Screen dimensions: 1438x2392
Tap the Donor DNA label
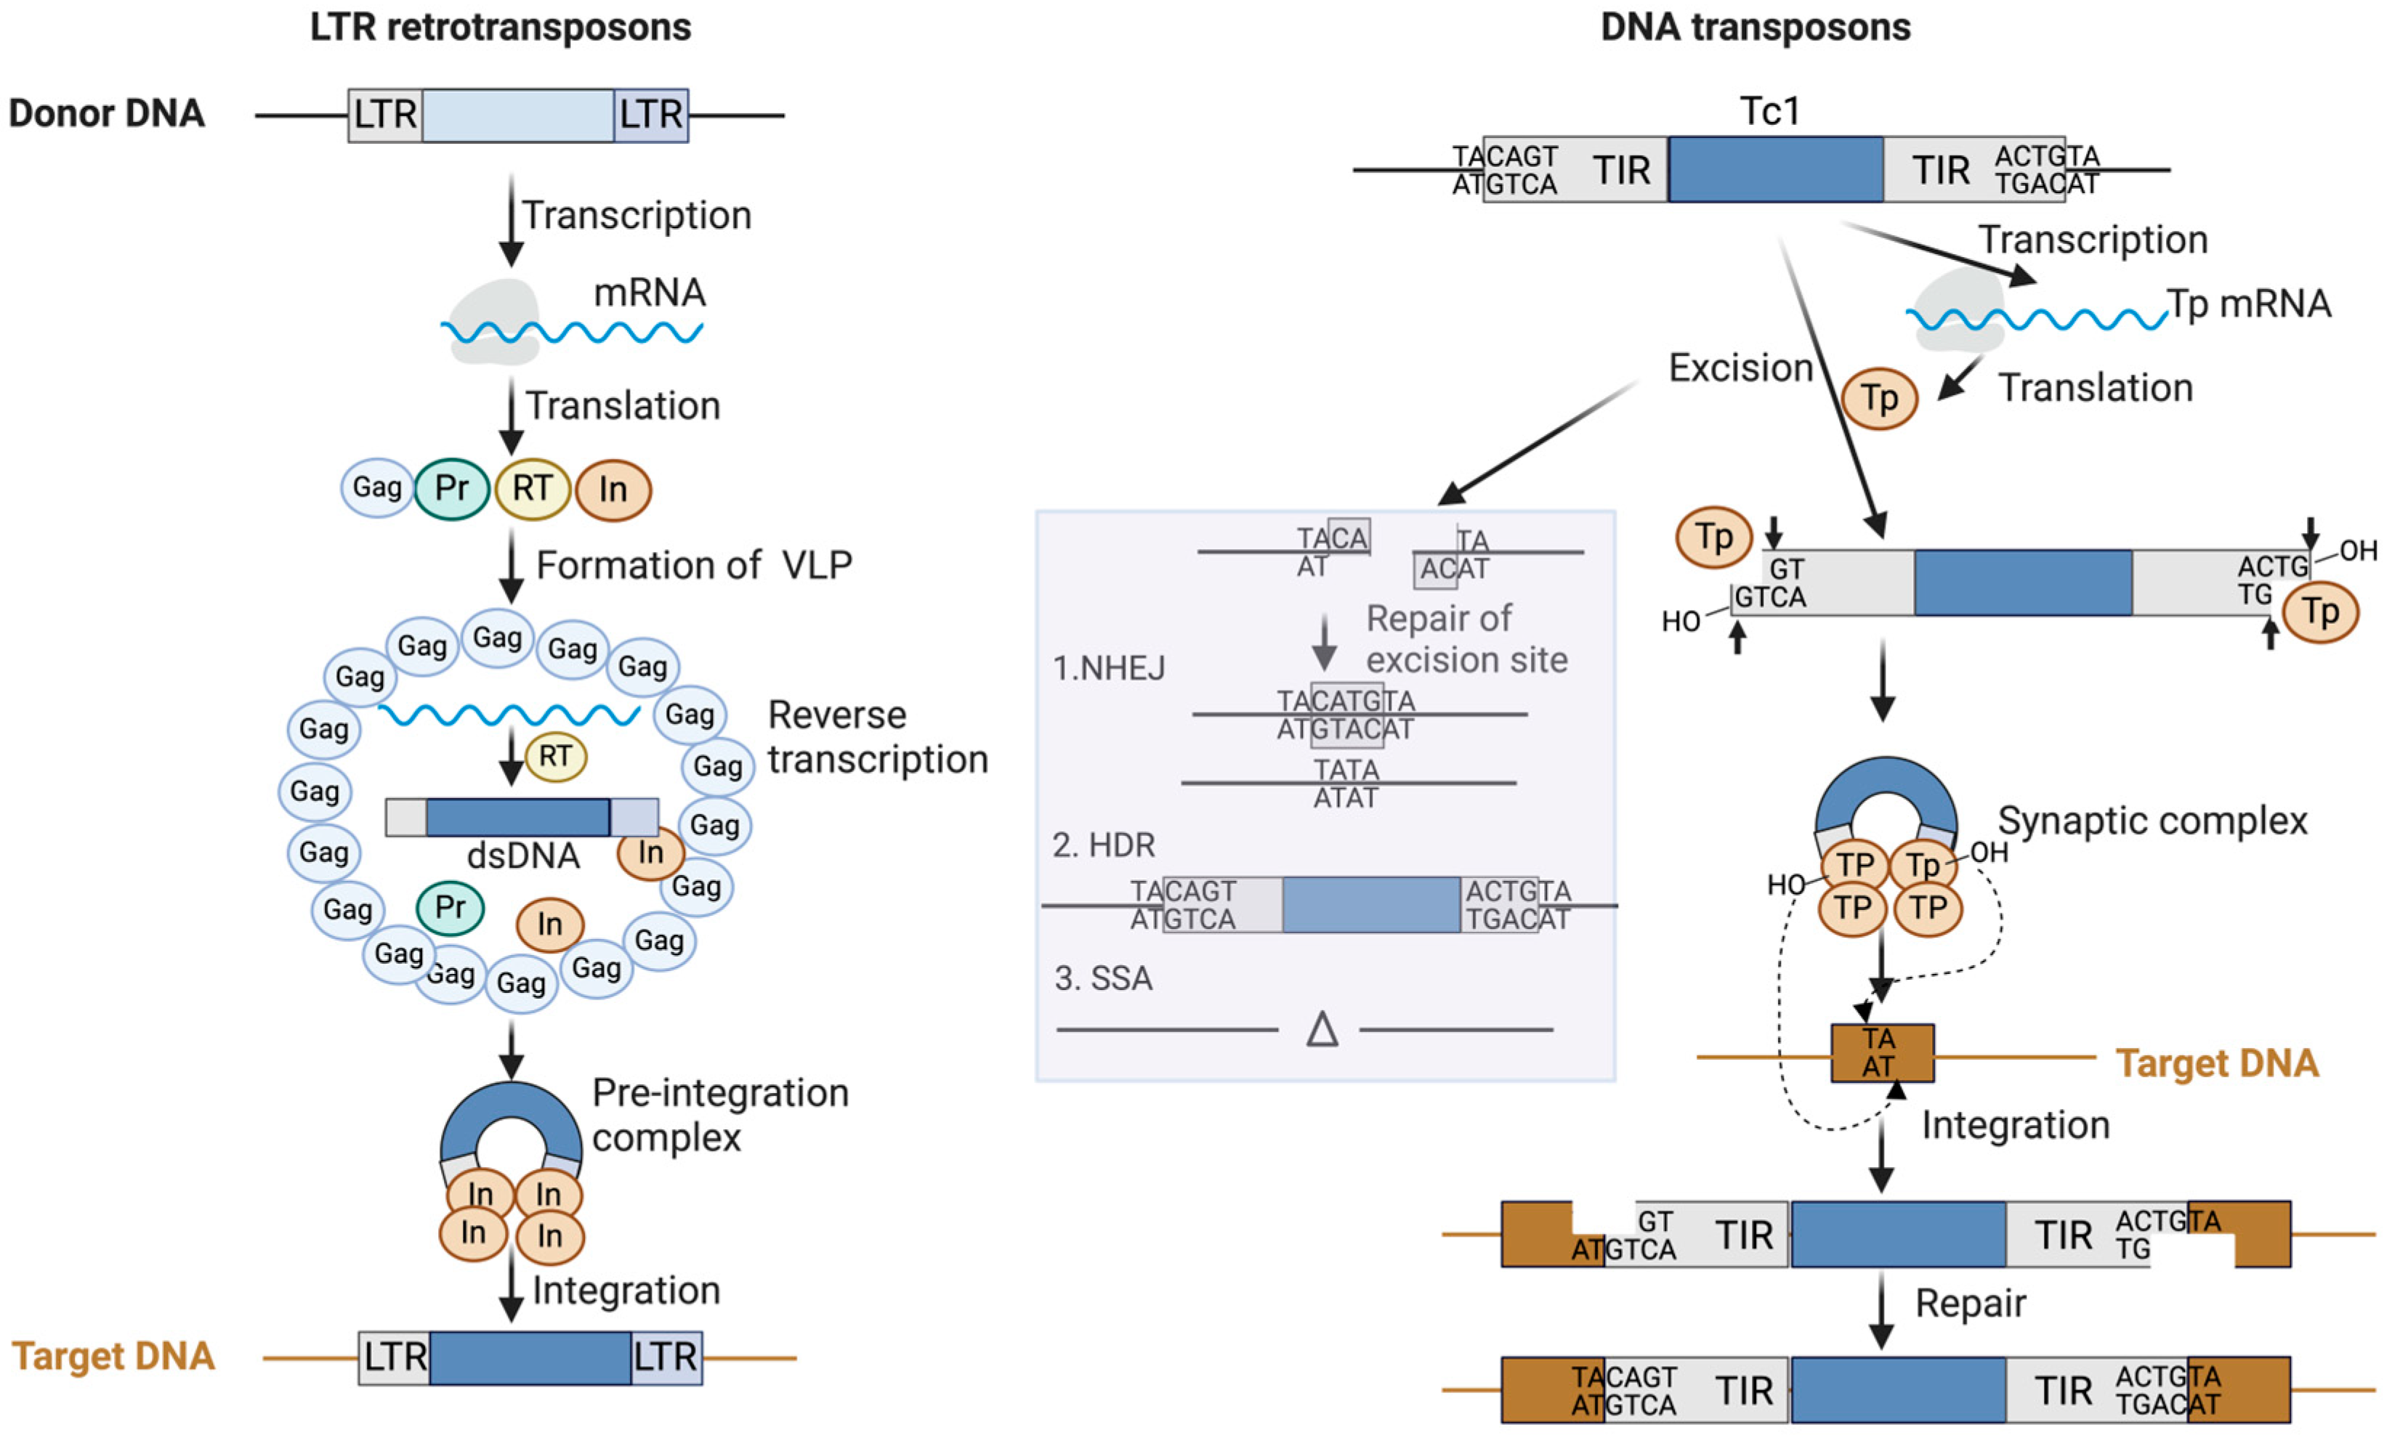(x=107, y=113)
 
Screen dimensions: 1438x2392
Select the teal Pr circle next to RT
(x=452, y=488)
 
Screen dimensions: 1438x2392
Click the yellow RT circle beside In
(x=532, y=488)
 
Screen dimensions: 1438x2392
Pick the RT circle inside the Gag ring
(x=555, y=756)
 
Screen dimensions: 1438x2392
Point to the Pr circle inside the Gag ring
(x=450, y=908)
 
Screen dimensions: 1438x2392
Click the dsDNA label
(x=523, y=856)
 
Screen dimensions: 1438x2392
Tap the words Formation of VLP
(x=694, y=565)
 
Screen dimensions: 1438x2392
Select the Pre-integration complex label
(x=719, y=1114)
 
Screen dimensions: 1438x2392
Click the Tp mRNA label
(x=2249, y=304)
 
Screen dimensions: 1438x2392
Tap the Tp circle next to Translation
(x=1878, y=398)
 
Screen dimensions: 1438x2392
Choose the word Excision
(x=1740, y=368)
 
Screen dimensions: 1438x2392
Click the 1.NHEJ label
(x=1109, y=667)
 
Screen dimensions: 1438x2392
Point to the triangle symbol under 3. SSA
(x=1322, y=1029)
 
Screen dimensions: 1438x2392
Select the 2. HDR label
(x=1104, y=845)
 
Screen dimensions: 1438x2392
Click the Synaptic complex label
(x=2151, y=821)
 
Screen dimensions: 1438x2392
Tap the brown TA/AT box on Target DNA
(x=1881, y=1052)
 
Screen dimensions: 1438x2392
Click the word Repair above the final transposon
(x=1969, y=1304)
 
